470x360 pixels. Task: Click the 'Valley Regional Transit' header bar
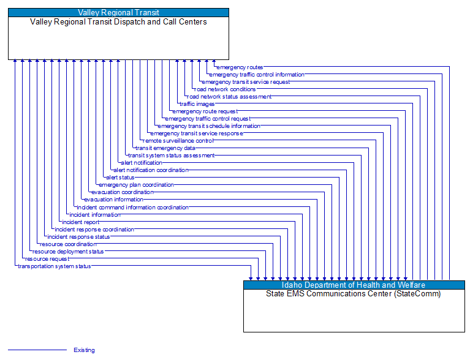point(118,12)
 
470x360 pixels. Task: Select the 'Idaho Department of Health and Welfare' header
point(354,285)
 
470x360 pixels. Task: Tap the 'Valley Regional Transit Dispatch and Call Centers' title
point(118,21)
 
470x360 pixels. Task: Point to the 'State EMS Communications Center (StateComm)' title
point(354,294)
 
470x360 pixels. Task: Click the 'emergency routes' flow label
point(240,67)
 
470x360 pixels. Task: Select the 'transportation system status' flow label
point(55,266)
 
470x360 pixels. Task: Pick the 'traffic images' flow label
point(197,104)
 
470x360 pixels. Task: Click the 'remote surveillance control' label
point(178,141)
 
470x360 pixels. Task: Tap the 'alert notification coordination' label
point(151,170)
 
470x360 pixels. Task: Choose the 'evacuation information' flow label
point(114,200)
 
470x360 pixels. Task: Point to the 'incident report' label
point(80,222)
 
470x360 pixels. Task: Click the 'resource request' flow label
point(47,259)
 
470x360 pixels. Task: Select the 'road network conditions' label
point(225,89)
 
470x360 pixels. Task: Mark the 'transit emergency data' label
point(165,148)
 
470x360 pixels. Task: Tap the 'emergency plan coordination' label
point(137,185)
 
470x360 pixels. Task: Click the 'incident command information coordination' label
point(133,207)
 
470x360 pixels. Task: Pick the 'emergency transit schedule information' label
point(209,126)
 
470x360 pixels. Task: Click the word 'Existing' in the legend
point(84,350)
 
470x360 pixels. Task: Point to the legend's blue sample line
point(37,350)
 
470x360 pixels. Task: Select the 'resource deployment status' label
point(68,252)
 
